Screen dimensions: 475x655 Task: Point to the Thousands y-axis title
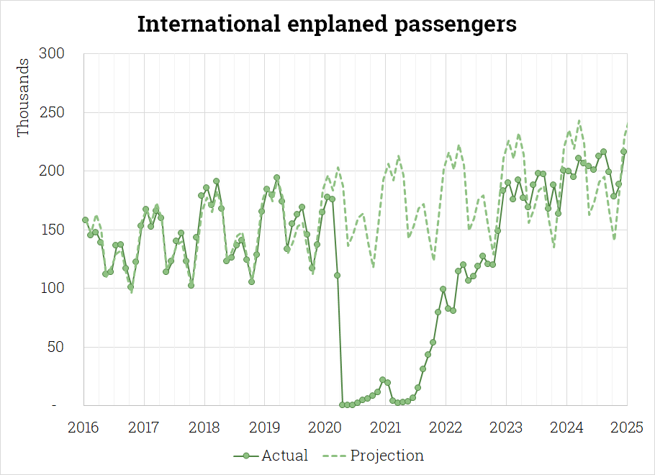tap(24, 98)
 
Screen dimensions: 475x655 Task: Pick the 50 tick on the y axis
tap(57, 348)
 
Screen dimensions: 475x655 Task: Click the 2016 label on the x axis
tap(83, 428)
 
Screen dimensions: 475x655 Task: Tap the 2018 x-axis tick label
tap(204, 428)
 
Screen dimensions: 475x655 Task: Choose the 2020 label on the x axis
tap(325, 428)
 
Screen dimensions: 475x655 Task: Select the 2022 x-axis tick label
tap(446, 428)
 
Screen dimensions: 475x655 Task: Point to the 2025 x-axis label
tap(627, 428)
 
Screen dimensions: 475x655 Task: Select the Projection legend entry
tap(376, 456)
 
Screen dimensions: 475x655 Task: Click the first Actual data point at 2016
tap(85, 220)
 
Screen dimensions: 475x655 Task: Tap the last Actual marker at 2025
tap(624, 151)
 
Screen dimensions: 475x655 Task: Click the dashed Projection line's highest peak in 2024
tap(579, 121)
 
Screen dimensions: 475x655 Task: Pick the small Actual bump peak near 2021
tap(382, 379)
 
